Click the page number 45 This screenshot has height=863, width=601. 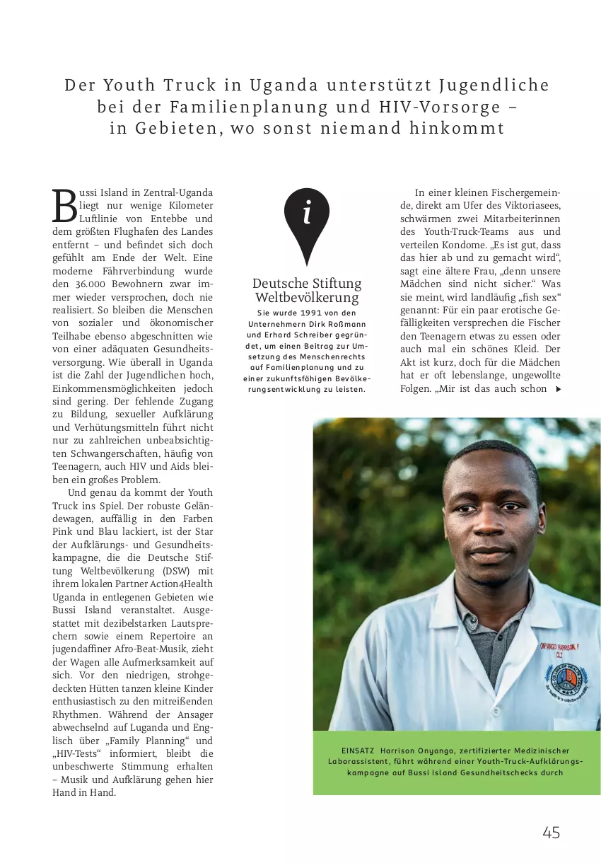(x=552, y=833)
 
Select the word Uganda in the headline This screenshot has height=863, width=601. (x=284, y=86)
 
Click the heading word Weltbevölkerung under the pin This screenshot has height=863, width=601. (x=307, y=297)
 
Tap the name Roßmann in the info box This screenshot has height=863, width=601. (x=344, y=323)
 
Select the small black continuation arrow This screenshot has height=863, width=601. (x=559, y=389)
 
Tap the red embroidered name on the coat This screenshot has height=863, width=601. (x=559, y=648)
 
